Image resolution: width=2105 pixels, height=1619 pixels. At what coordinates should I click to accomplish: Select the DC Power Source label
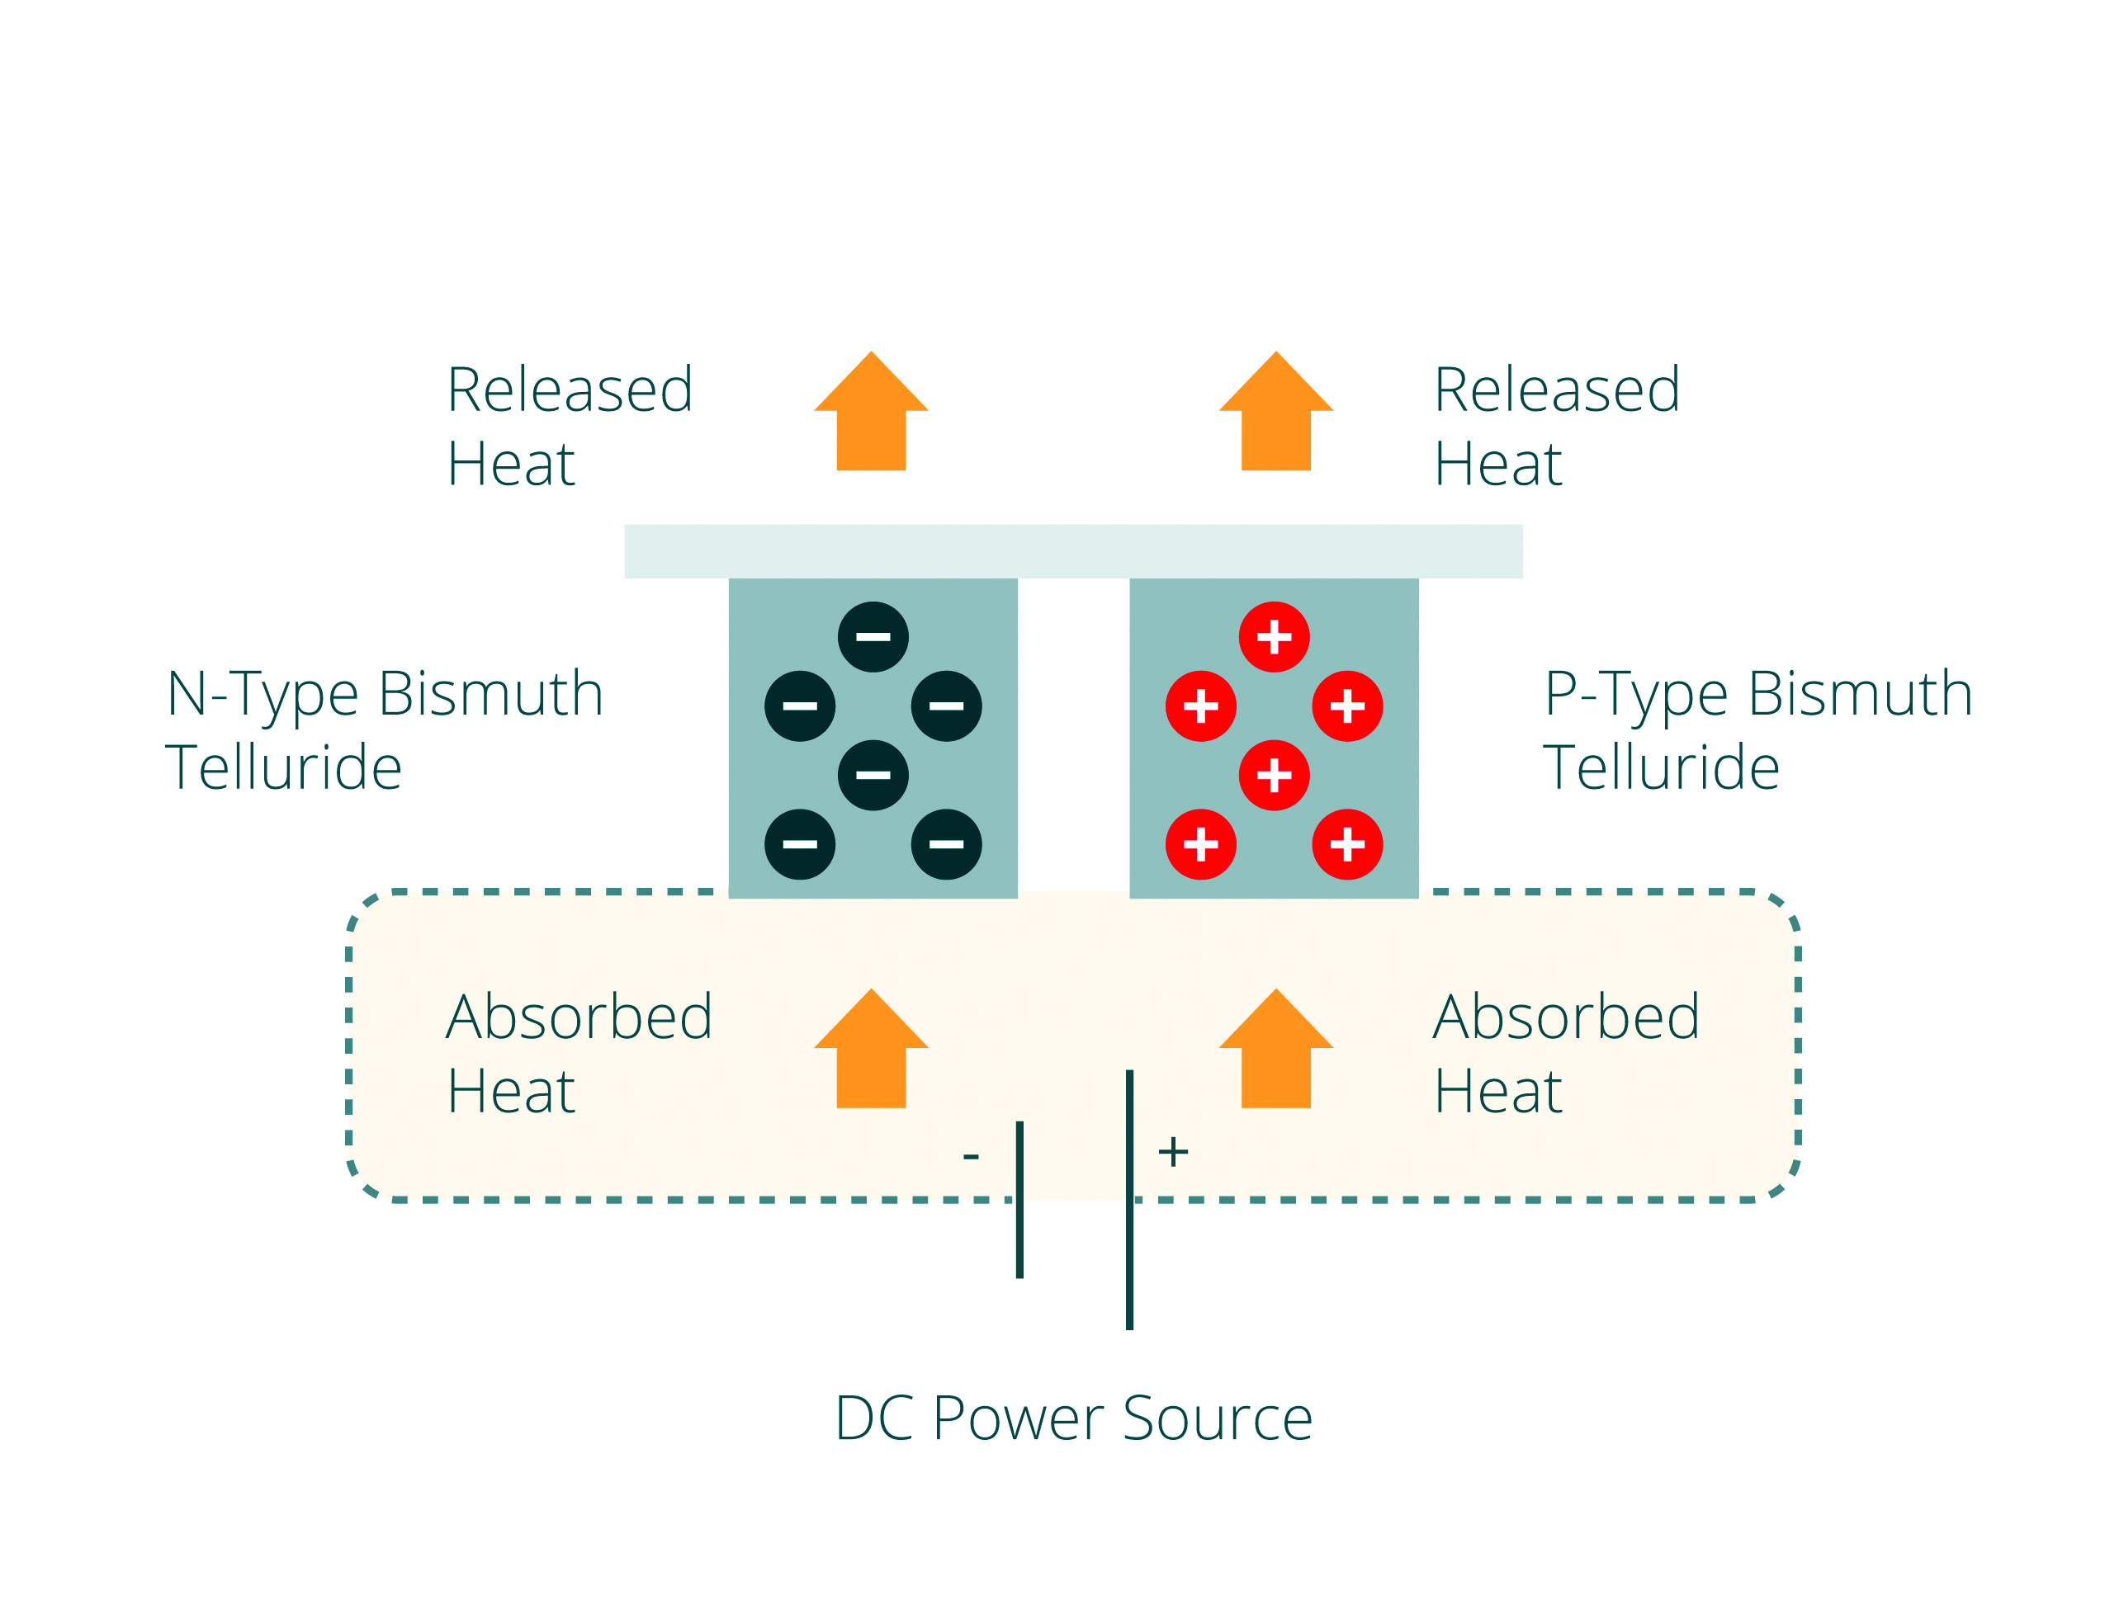coord(1073,1418)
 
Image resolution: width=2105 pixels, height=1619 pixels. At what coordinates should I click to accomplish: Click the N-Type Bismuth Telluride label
coord(384,729)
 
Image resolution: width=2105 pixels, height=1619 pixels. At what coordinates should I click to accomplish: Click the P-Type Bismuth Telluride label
coord(1758,729)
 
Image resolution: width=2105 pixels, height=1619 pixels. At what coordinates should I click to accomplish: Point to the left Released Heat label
coord(569,426)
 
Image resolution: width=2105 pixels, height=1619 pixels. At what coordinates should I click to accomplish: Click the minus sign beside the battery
coord(971,1155)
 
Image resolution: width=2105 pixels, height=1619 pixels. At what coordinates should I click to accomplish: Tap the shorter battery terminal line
coord(1019,1200)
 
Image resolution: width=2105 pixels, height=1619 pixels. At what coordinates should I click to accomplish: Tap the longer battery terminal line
coord(1128,1200)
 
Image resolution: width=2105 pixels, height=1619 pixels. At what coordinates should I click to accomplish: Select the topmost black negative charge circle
coord(873,637)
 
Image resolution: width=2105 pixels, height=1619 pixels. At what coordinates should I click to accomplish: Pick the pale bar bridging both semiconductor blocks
coord(1073,551)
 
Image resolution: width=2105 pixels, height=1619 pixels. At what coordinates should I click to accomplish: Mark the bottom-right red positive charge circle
coord(1346,844)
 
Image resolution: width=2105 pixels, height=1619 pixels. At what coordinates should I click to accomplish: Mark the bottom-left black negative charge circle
coord(799,844)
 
